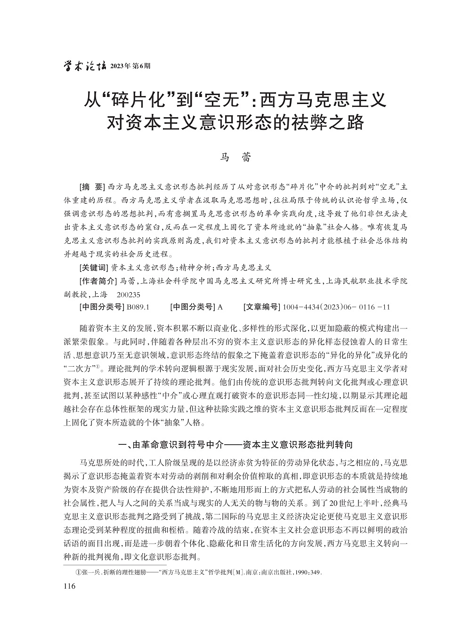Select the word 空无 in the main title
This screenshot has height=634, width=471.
pyautogui.click(x=224, y=100)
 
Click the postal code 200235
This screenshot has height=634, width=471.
pyautogui.click(x=128, y=294)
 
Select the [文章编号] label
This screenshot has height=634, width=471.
pyautogui.click(x=262, y=307)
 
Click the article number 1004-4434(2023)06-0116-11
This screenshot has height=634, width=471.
pyautogui.click(x=336, y=307)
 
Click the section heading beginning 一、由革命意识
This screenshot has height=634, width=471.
pyautogui.click(x=235, y=444)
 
